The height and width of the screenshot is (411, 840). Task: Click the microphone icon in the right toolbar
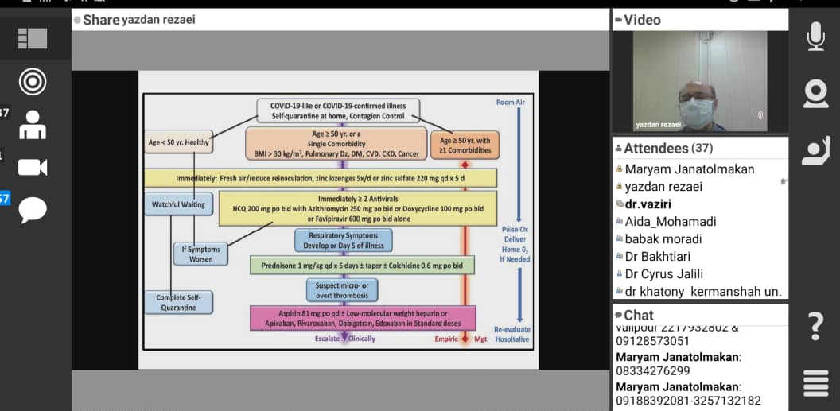(815, 36)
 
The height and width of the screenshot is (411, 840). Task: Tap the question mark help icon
(815, 326)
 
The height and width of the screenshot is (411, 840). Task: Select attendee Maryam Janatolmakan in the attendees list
(689, 169)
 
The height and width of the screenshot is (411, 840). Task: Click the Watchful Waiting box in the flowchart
(178, 205)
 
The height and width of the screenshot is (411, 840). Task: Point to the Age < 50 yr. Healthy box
(178, 143)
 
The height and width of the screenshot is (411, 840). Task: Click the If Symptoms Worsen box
(198, 254)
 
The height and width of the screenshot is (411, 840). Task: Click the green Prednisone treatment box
(362, 265)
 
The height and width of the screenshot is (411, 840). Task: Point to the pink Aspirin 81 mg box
(362, 318)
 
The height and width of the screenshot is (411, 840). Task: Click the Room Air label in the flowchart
(510, 103)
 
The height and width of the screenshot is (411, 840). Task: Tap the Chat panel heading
(639, 315)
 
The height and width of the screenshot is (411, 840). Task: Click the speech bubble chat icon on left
(32, 210)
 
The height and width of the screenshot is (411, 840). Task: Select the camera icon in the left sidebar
(32, 166)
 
